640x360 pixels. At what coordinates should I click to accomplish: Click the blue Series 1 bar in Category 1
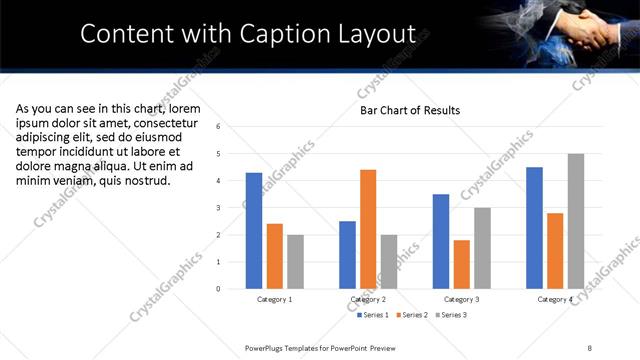pyautogui.click(x=254, y=231)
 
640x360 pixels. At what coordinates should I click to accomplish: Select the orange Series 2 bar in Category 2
pyautogui.click(x=368, y=229)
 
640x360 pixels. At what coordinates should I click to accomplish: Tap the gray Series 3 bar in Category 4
pyautogui.click(x=575, y=221)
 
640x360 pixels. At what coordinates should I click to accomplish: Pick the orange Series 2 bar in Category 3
pyautogui.click(x=461, y=264)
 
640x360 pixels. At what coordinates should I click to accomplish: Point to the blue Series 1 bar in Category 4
pyautogui.click(x=534, y=228)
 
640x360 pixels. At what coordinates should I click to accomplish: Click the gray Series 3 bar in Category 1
pyautogui.click(x=295, y=262)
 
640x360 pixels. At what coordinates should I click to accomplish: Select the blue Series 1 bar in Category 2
pyautogui.click(x=347, y=255)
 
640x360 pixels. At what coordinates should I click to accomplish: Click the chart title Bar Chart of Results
pyautogui.click(x=410, y=110)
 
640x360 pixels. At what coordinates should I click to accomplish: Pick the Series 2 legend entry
pyautogui.click(x=414, y=315)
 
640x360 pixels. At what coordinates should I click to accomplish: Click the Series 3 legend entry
pyautogui.click(x=451, y=315)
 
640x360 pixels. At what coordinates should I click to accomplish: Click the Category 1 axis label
pyautogui.click(x=275, y=299)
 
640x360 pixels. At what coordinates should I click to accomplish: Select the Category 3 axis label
pyautogui.click(x=461, y=299)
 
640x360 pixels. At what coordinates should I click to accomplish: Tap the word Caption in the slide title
pyautogui.click(x=285, y=34)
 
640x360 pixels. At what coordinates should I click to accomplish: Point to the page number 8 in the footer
pyautogui.click(x=590, y=347)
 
